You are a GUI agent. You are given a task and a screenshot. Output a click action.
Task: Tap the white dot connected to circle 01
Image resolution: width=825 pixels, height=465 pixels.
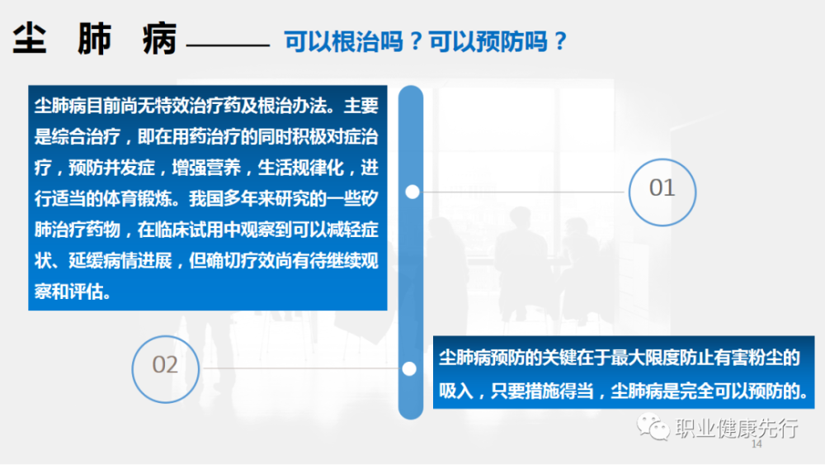pos(412,192)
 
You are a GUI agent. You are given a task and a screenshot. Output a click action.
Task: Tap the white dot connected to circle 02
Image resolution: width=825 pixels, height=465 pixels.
pos(409,368)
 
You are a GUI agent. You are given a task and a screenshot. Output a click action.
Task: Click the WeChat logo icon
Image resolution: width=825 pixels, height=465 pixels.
pos(653,427)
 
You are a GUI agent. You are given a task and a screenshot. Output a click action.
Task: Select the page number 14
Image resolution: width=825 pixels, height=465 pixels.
pos(757,444)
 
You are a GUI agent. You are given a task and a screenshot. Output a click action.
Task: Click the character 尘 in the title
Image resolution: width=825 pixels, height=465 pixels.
pos(30,39)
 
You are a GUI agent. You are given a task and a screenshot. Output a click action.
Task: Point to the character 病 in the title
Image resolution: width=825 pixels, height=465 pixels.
pos(159,39)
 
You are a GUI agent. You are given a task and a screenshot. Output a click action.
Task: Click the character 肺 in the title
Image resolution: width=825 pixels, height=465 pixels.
pos(95,39)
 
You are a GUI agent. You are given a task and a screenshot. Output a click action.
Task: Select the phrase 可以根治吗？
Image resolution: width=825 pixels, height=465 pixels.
pos(353,41)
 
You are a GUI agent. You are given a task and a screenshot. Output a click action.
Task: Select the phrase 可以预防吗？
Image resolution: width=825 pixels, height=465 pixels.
pos(497,41)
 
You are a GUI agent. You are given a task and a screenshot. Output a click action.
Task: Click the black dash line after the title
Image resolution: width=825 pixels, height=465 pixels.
pos(228,45)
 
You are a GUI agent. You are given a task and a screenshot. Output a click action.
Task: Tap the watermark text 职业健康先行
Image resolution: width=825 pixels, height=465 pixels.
pos(737,428)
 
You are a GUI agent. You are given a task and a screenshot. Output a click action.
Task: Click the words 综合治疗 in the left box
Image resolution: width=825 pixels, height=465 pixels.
pos(87,137)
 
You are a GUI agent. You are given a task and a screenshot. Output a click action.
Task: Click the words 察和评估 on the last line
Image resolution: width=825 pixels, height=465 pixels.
pos(69,292)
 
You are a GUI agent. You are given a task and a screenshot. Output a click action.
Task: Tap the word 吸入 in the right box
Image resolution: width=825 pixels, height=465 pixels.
pos(456,391)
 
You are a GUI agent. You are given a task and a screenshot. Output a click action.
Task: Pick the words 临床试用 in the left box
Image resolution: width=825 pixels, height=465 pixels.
pos(190,230)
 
